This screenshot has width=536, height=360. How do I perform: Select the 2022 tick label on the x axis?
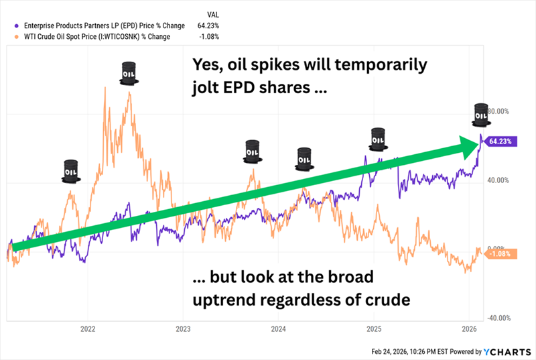pos(88,328)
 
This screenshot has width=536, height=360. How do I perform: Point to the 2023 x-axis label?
pos(183,328)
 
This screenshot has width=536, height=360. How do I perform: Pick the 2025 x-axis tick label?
pos(374,328)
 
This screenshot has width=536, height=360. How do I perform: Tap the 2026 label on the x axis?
pos(470,328)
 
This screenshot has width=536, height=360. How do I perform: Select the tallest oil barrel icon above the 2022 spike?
pos(128,73)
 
